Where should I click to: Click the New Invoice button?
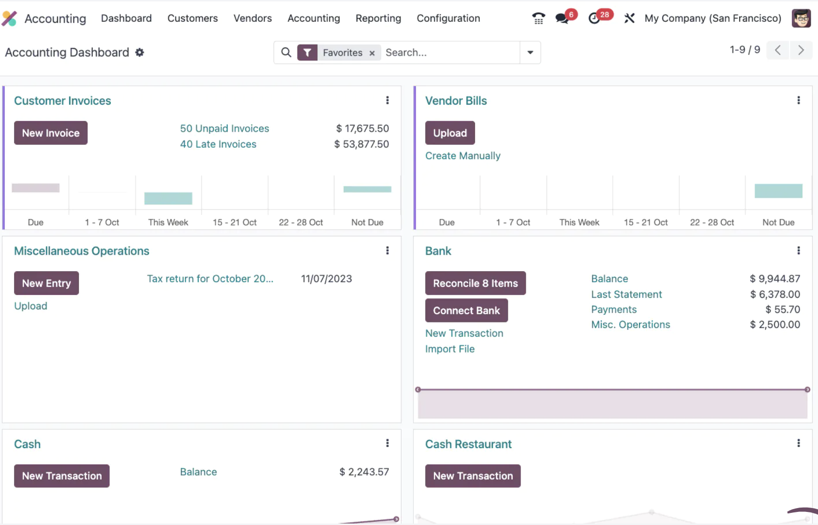[51, 133]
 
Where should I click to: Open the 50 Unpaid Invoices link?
[224, 128]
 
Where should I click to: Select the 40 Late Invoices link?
[218, 144]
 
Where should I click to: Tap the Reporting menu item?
[378, 18]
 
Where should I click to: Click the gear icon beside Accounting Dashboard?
[139, 52]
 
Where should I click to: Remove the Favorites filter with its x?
[372, 53]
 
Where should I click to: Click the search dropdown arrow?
[530, 52]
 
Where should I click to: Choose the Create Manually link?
[462, 156]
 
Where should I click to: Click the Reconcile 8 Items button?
[476, 283]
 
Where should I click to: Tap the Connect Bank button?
[466, 310]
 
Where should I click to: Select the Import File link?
[450, 349]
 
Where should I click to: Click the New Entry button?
[46, 283]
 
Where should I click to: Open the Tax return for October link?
[210, 278]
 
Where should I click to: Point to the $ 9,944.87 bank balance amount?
[775, 278]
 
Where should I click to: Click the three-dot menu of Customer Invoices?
[387, 100]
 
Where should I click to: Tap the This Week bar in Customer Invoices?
[168, 198]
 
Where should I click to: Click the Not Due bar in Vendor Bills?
[778, 191]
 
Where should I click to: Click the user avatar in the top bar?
[801, 18]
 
